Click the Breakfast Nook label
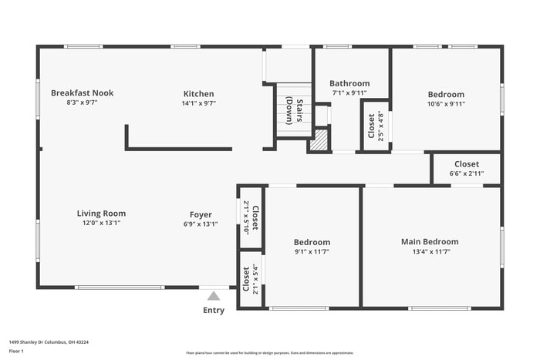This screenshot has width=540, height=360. tap(82, 93)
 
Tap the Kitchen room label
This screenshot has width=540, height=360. tap(198, 94)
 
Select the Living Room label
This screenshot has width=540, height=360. tap(101, 214)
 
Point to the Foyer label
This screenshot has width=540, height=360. tap(201, 215)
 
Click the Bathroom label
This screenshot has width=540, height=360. tap(349, 83)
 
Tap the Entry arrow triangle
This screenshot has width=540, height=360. tap(214, 294)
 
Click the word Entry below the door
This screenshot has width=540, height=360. tap(214, 311)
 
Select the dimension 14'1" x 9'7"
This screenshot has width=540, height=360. tap(198, 103)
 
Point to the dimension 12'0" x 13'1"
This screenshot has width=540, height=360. tap(101, 223)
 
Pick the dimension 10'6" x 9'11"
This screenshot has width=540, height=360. tap(446, 104)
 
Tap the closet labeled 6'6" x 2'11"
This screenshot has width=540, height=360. tap(466, 169)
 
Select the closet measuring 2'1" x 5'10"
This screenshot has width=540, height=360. tap(251, 218)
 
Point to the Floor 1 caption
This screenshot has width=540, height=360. tap(16, 351)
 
